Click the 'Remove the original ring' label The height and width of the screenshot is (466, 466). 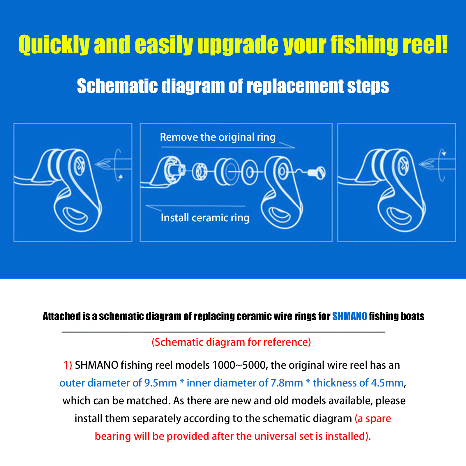[218, 137]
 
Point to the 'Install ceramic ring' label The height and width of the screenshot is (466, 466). [205, 218]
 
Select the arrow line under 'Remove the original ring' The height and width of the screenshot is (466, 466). [227, 147]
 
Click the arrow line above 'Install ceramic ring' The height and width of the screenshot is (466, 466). [195, 206]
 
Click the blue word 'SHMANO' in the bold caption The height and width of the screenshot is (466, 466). [349, 316]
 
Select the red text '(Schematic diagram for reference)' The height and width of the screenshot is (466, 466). [231, 342]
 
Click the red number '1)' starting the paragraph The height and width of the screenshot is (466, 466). [68, 365]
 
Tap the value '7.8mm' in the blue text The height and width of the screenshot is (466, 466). [287, 383]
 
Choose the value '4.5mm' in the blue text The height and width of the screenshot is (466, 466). [387, 383]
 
